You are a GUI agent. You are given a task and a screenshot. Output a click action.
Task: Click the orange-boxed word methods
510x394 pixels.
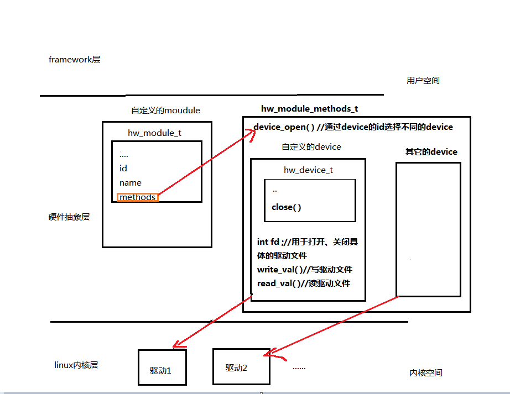(x=137, y=197)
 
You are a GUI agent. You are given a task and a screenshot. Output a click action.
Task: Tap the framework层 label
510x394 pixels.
(x=75, y=60)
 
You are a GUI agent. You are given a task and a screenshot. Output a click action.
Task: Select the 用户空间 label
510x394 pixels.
(x=423, y=81)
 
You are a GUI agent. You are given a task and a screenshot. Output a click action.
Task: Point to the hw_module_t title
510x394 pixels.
(x=154, y=133)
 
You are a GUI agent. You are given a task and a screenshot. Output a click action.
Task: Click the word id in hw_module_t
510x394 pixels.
(x=123, y=168)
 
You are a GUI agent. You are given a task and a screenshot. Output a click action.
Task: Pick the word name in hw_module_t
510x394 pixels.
(x=131, y=182)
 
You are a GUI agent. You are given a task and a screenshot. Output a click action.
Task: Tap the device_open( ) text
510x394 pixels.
(x=283, y=127)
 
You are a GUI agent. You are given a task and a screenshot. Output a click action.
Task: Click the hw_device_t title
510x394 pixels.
(x=308, y=170)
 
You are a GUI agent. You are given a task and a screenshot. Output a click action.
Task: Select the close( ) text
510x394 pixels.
(x=287, y=208)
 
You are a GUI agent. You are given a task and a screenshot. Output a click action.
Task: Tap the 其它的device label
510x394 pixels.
(x=431, y=152)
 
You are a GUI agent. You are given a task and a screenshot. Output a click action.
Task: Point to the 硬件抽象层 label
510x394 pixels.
(x=69, y=217)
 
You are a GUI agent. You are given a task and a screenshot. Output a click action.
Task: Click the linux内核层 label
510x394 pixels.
(x=76, y=365)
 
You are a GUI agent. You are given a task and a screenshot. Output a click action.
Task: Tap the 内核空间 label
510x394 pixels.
(x=426, y=373)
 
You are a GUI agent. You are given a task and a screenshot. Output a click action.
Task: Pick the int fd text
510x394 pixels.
(x=268, y=242)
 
